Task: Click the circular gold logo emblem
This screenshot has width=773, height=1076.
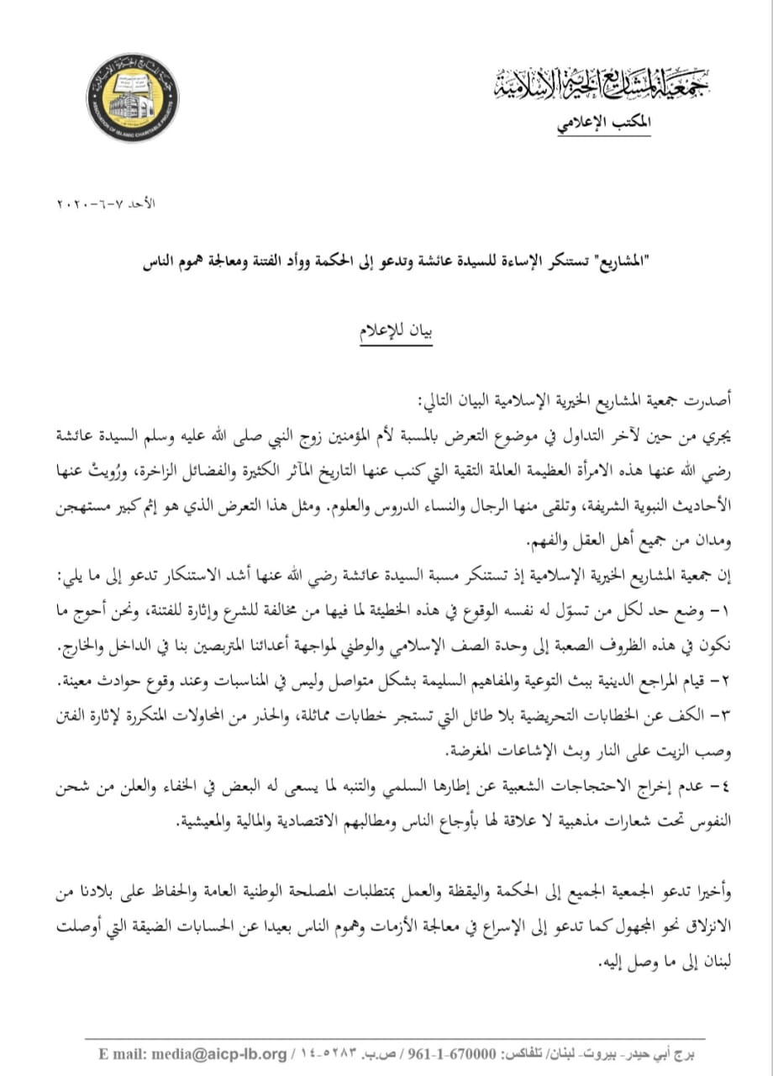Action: pyautogui.click(x=133, y=98)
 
